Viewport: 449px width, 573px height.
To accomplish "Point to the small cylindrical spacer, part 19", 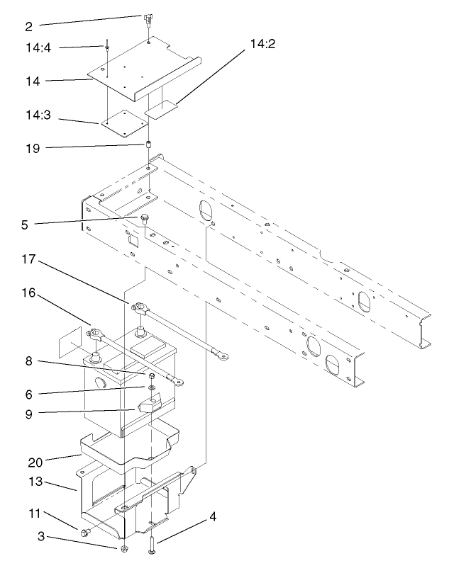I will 150,146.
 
